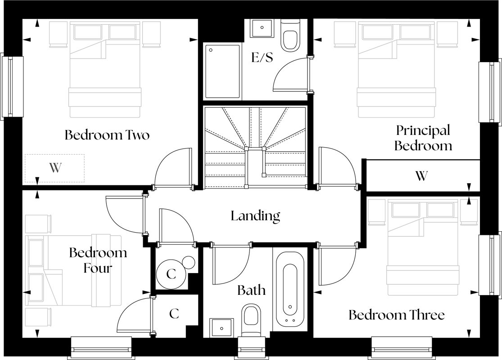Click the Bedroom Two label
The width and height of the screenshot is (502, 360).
pos(107,135)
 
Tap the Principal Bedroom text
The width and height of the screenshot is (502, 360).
pos(423,138)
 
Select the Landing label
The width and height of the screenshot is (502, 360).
pos(255,216)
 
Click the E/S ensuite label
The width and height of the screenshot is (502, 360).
pos(262,58)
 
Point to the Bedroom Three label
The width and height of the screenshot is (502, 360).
pos(396,315)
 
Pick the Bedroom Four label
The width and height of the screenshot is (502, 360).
pos(98,261)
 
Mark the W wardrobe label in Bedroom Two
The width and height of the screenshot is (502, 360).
pos(55,168)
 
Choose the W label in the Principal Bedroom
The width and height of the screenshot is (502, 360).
pos(421,175)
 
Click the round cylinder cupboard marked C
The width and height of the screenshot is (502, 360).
pos(171,273)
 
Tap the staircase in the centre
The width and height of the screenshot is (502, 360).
pos(255,146)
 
